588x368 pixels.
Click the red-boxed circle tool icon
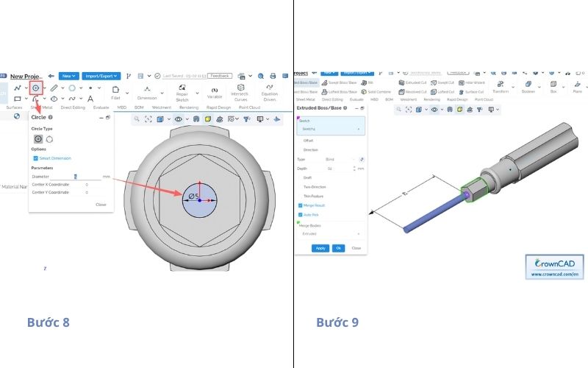[35, 88]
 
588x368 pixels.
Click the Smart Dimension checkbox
[35, 158]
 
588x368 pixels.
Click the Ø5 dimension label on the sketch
[194, 197]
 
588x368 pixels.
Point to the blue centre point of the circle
[200, 201]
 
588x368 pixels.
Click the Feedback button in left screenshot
[219, 76]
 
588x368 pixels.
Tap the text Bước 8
[49, 322]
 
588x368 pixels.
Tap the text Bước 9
[337, 322]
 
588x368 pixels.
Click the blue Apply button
[320, 248]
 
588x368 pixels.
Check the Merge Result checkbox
[299, 205]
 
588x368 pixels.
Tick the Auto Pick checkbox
[299, 214]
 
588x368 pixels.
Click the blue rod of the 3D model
[426, 213]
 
